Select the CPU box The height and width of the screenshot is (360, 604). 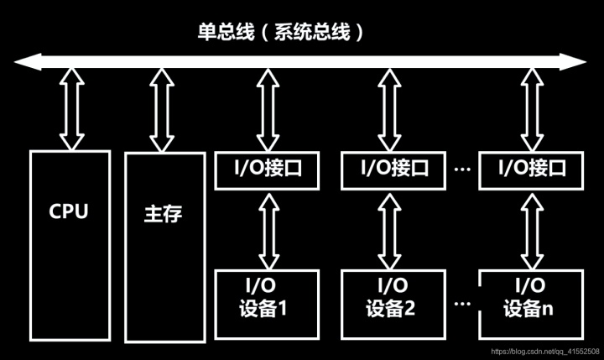pos(69,244)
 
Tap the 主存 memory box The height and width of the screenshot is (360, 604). pos(164,247)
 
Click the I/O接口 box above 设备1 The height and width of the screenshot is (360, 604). pos(267,168)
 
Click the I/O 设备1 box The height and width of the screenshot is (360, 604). pos(267,297)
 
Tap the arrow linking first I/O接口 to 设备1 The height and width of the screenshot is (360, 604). pos(267,228)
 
